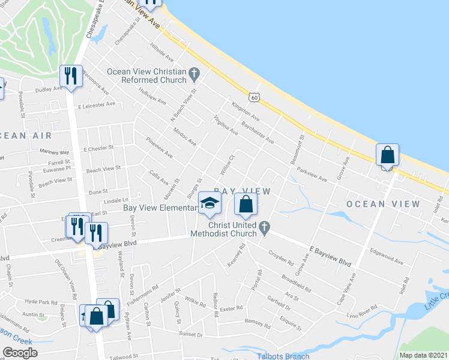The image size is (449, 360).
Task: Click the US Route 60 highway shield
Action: tap(255, 97)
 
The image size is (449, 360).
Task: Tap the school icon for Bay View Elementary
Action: tap(209, 205)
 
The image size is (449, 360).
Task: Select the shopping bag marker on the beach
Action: tap(388, 155)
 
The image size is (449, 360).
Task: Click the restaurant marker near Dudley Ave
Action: tap(71, 76)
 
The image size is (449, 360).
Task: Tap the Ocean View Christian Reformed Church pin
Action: tap(193, 76)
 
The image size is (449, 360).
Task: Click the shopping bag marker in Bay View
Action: tap(246, 204)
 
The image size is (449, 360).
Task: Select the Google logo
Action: tap(20, 352)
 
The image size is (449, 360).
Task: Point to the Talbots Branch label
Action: tap(282, 356)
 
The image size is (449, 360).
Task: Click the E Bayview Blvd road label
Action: tap(330, 255)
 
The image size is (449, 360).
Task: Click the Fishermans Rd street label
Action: tap(139, 294)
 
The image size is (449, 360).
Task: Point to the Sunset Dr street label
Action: tap(191, 333)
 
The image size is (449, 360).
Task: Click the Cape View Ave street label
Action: tap(346, 289)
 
